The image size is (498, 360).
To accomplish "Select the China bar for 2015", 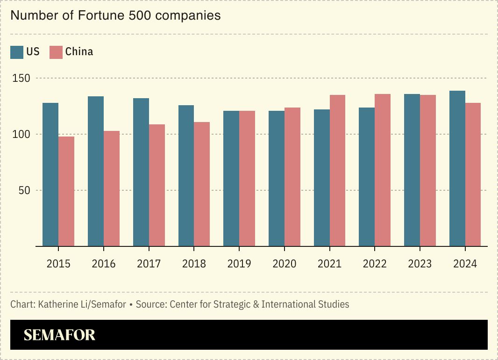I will tap(66, 191).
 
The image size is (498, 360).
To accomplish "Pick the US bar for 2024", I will tap(457, 168).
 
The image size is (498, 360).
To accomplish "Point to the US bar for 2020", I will tap(277, 178).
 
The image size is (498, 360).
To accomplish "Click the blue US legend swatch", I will tap(17, 52).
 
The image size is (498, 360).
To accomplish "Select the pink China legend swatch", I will tap(56, 52).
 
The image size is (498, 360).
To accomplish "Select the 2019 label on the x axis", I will tap(239, 264).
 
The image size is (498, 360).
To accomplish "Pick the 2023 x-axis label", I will tap(420, 264).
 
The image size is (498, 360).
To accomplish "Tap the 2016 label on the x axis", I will tap(104, 264).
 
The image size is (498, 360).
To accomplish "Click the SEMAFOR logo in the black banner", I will tap(59, 335).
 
